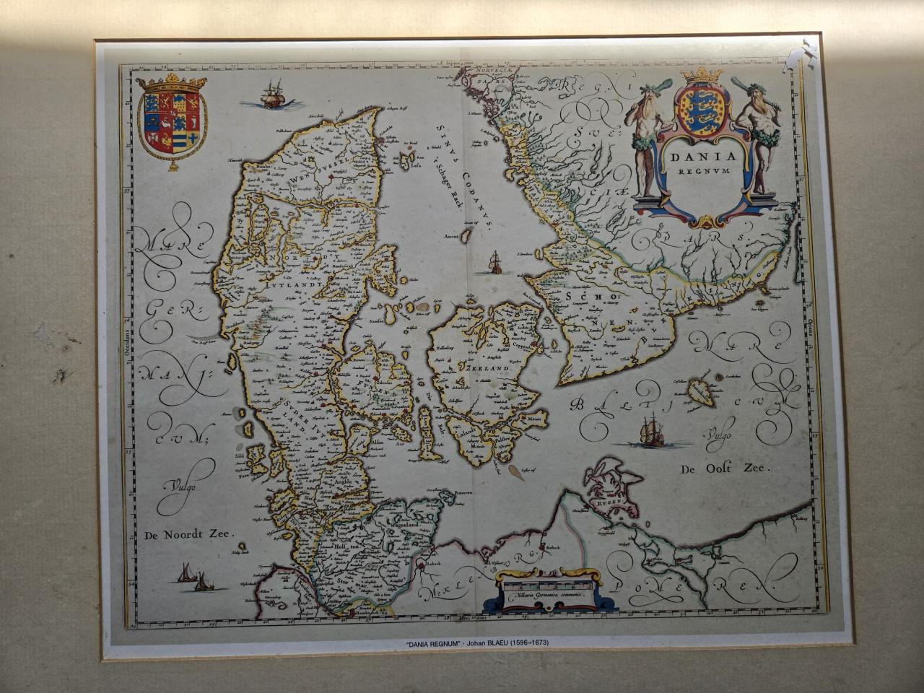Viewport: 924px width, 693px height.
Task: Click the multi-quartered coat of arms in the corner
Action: (172, 119)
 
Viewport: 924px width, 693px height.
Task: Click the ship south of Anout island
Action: (494, 263)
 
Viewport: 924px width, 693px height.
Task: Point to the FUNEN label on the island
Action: (375, 385)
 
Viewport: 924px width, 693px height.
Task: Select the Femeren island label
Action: (462, 493)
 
